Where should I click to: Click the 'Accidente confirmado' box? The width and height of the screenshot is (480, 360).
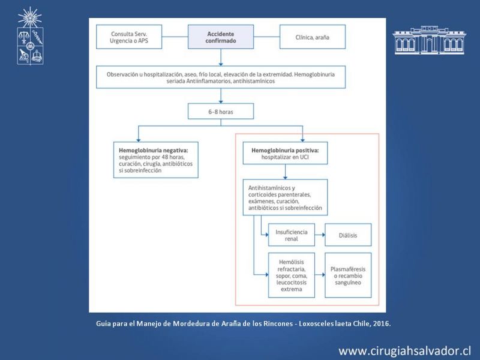pos(221,37)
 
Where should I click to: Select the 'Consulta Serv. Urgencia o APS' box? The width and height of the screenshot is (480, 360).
pos(129,37)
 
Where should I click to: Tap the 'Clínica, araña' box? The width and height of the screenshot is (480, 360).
pos(313,37)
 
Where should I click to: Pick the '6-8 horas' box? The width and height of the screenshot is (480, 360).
pos(221,111)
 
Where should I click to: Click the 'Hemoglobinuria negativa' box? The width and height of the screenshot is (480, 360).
pos(156,160)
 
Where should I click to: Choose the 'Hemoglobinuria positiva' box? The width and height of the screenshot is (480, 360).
pos(286,153)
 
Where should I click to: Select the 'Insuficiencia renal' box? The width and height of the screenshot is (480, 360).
pos(292,235)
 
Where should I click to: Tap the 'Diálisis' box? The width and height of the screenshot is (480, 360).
pos(348,235)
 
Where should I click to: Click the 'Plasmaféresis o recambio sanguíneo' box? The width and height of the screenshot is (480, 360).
pos(348,275)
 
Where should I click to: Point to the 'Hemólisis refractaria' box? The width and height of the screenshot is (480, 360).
pos(292,275)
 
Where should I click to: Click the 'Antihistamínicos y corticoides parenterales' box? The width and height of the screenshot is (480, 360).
pos(286,197)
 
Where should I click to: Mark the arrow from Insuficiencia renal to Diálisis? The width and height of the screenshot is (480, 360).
pos(320,235)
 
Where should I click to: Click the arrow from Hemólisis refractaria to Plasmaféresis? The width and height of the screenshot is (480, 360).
pos(320,275)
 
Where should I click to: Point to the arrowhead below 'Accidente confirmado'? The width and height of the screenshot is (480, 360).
pos(221,64)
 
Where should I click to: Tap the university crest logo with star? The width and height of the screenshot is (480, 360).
pos(30,36)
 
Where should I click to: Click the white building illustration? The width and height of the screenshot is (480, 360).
pos(430,40)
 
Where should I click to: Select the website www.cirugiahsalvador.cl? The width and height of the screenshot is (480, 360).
pos(404,351)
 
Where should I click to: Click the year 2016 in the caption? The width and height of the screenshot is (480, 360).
pos(382,323)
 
